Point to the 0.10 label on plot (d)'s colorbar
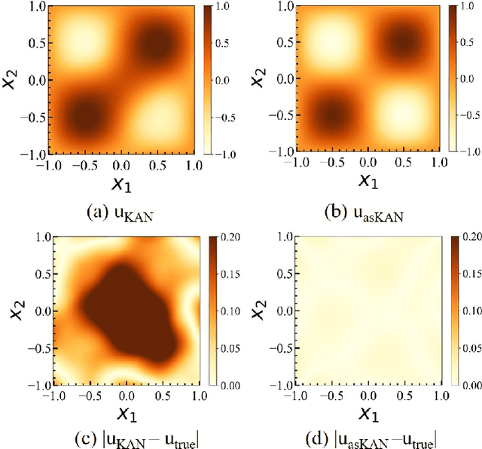click(x=473, y=310)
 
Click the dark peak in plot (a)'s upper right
click(x=157, y=44)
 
